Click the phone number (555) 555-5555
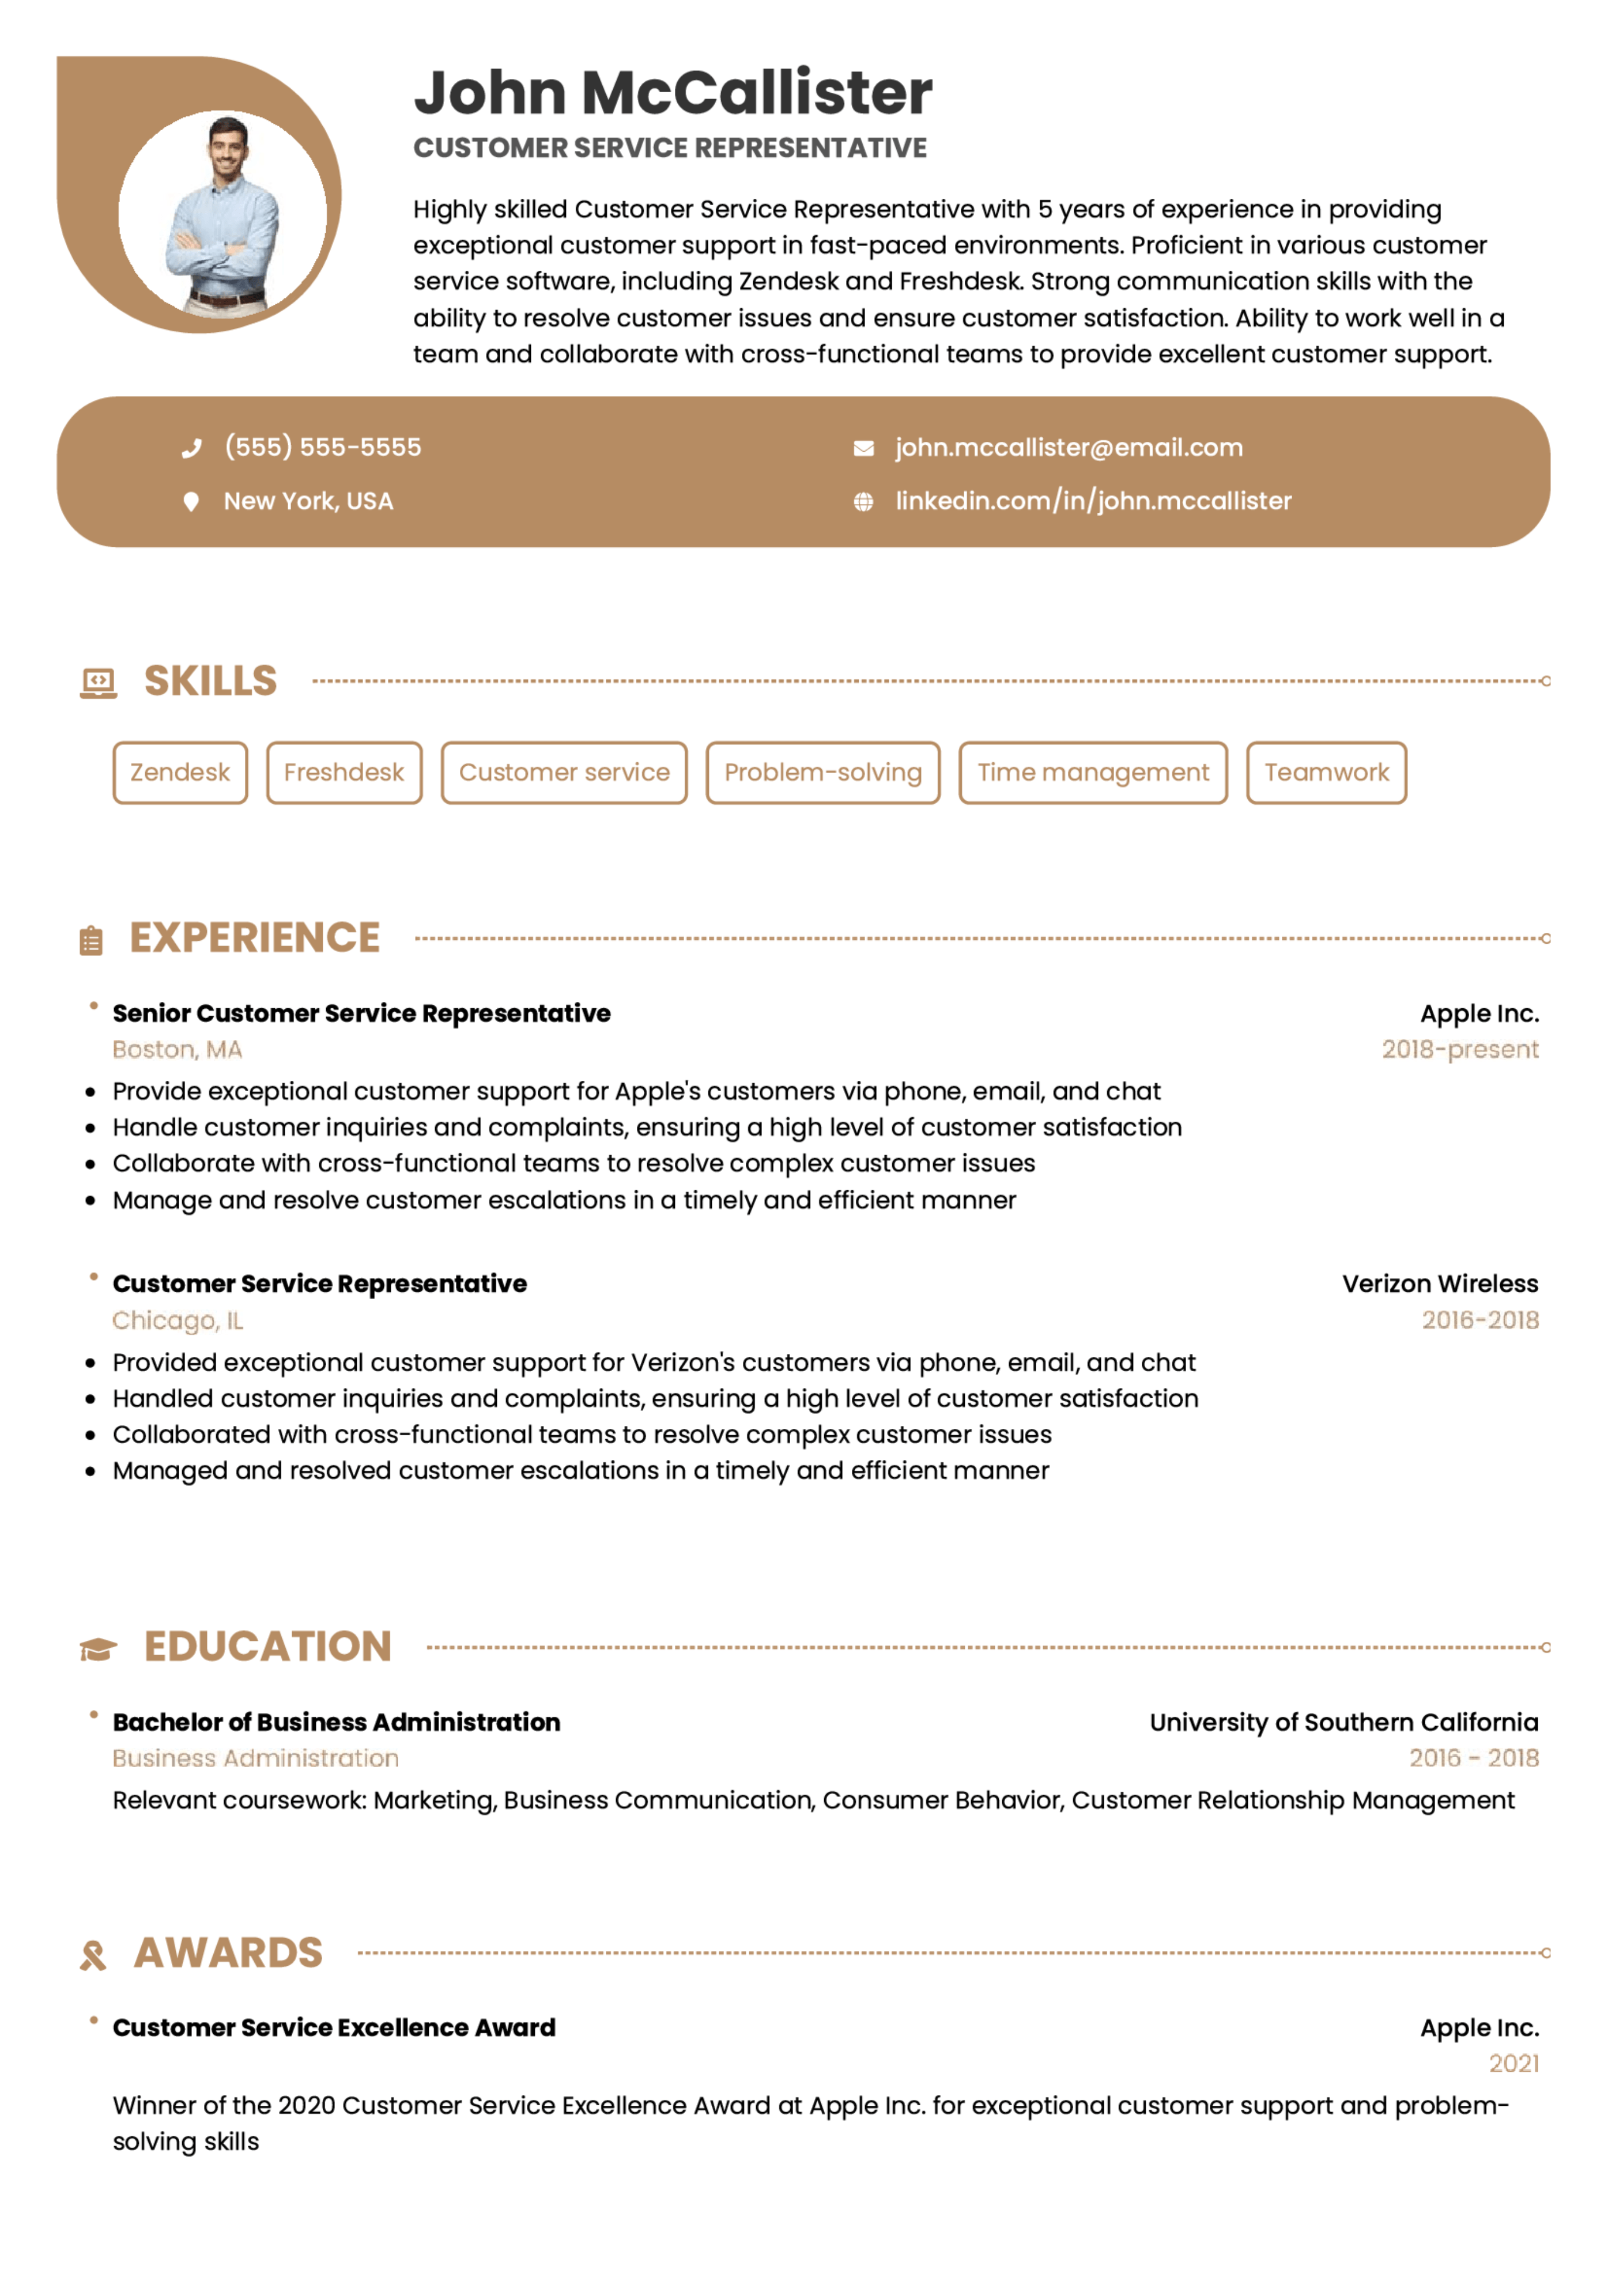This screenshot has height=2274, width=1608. (322, 448)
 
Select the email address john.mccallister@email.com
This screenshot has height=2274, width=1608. (1068, 448)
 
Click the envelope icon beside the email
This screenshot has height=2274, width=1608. (863, 449)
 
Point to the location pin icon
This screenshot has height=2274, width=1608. (191, 502)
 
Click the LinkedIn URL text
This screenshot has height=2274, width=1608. (1093, 501)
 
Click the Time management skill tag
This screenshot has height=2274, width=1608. (1093, 773)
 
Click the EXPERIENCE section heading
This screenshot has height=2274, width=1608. (255, 938)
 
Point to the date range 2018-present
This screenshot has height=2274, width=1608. (1459, 1050)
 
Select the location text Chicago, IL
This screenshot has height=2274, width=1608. (178, 1320)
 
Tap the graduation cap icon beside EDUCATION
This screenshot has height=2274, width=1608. (98, 1649)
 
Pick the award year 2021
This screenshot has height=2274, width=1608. (1513, 2064)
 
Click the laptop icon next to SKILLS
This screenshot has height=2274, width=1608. (98, 682)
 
